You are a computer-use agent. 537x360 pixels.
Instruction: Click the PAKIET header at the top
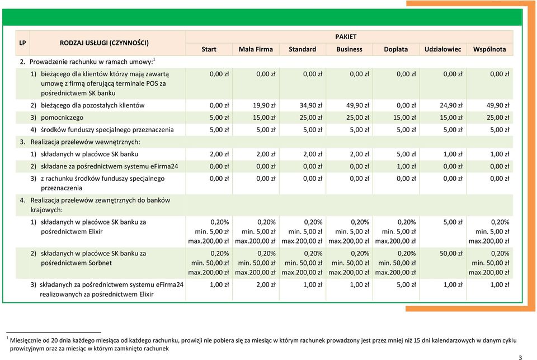[x=346, y=37]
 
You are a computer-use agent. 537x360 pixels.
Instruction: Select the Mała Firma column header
[x=256, y=49]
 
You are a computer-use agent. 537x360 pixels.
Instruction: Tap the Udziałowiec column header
[x=442, y=49]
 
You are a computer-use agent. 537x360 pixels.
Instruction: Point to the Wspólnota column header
[x=489, y=49]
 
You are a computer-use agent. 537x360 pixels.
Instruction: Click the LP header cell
[x=22, y=43]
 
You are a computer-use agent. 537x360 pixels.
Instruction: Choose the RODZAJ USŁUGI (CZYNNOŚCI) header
[x=104, y=43]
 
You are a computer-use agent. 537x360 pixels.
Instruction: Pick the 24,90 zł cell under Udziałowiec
[x=451, y=105]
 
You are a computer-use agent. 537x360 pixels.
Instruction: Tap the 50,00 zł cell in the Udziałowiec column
[x=451, y=254]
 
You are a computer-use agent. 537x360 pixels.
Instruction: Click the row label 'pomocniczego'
[x=62, y=118]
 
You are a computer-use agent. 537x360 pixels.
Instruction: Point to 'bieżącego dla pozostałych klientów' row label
[x=92, y=105]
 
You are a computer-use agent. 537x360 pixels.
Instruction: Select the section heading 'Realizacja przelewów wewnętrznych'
[x=85, y=142]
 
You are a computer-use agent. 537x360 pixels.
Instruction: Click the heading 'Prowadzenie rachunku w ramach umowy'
[x=91, y=62]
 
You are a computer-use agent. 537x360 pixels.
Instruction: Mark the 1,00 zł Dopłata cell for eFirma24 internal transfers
[x=406, y=166]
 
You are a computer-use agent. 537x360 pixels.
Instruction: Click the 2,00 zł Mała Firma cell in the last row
[x=266, y=284]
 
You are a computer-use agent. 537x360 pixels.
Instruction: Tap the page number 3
[x=520, y=357]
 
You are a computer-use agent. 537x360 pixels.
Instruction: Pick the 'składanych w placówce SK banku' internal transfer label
[x=89, y=155]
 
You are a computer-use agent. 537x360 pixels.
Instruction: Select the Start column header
[x=209, y=49]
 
